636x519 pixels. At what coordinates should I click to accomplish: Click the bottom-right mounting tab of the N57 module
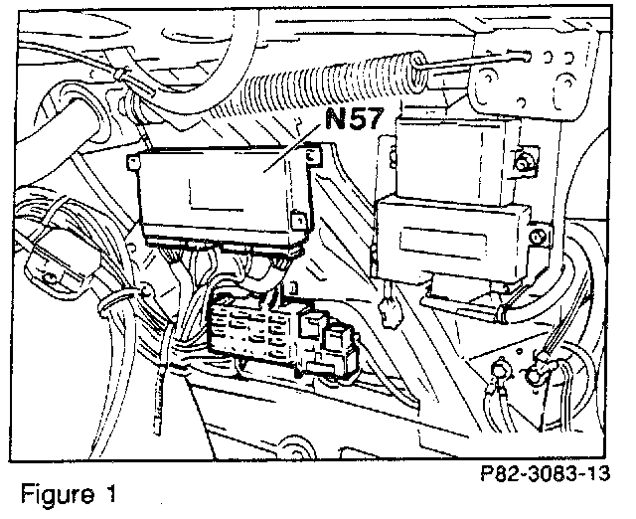tap(297, 221)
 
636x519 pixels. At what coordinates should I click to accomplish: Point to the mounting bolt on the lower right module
tap(536, 237)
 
